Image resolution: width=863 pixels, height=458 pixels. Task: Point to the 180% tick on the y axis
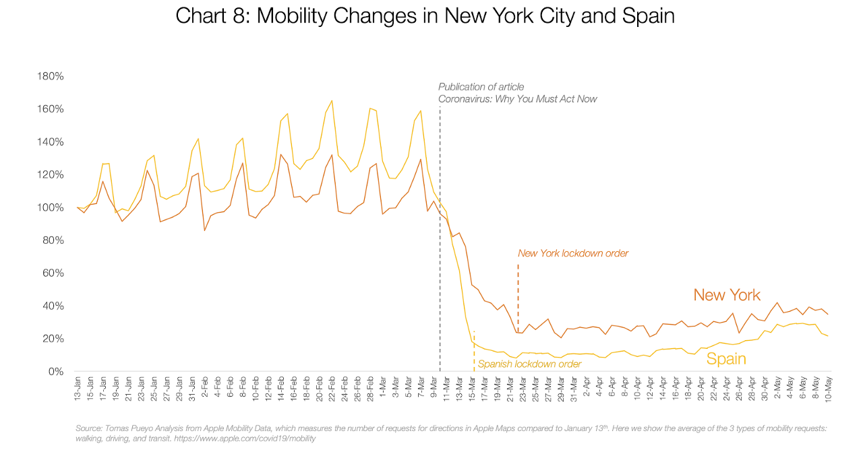(50, 76)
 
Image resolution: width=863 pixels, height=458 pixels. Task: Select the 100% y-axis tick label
(50, 207)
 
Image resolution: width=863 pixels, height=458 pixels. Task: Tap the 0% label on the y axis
(55, 371)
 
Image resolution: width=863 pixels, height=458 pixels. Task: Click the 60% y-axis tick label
(53, 273)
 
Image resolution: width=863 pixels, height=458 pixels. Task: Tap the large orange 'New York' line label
(727, 295)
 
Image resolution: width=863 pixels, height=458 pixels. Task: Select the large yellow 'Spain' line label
(726, 359)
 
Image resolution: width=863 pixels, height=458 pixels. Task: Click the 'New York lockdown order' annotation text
(573, 253)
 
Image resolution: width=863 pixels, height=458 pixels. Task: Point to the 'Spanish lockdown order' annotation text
(530, 364)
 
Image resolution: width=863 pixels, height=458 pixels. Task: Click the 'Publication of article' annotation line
(481, 87)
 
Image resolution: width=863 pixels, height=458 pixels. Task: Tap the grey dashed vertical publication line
(440, 236)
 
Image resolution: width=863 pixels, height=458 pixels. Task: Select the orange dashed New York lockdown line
(518, 290)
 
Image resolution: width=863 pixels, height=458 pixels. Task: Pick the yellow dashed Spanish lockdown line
(474, 350)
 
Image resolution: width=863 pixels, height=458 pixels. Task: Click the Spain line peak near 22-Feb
(332, 100)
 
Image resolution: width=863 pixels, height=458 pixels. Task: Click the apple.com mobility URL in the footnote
(245, 438)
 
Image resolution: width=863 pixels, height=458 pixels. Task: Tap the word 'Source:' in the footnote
(89, 428)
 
